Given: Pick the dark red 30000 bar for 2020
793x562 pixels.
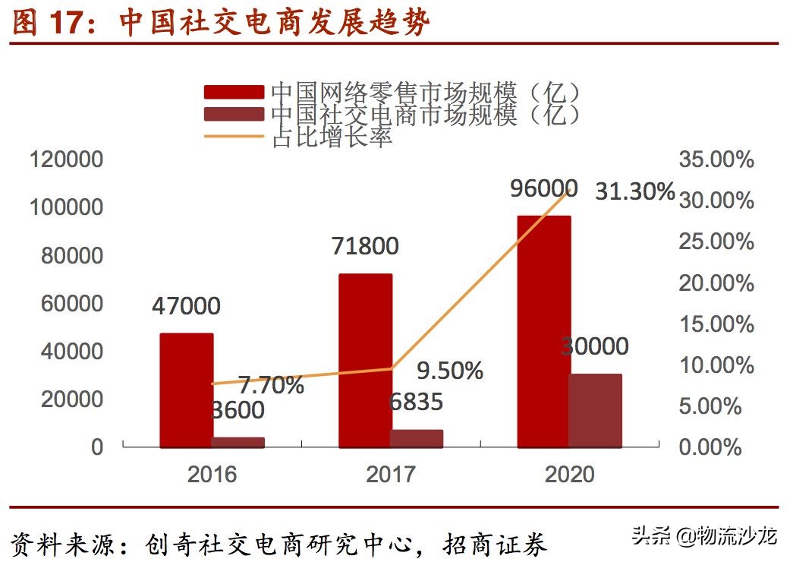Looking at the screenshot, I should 596,410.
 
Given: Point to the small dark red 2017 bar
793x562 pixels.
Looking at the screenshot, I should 417,438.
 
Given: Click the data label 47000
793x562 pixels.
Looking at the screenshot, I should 186,306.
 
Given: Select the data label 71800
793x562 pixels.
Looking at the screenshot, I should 365,246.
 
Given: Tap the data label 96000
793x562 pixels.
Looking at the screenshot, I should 543,188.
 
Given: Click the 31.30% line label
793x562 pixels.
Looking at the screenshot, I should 634,191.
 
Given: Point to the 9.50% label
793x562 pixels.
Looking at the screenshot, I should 450,371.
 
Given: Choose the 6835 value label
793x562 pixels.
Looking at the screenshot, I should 415,402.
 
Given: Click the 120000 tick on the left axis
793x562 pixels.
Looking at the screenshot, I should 65,160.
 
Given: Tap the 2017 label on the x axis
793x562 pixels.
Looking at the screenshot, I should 391,475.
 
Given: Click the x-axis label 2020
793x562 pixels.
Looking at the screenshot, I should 569,475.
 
